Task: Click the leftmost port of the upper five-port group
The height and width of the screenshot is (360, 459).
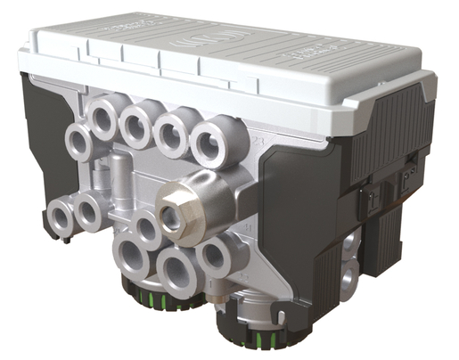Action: click(x=78, y=141)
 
